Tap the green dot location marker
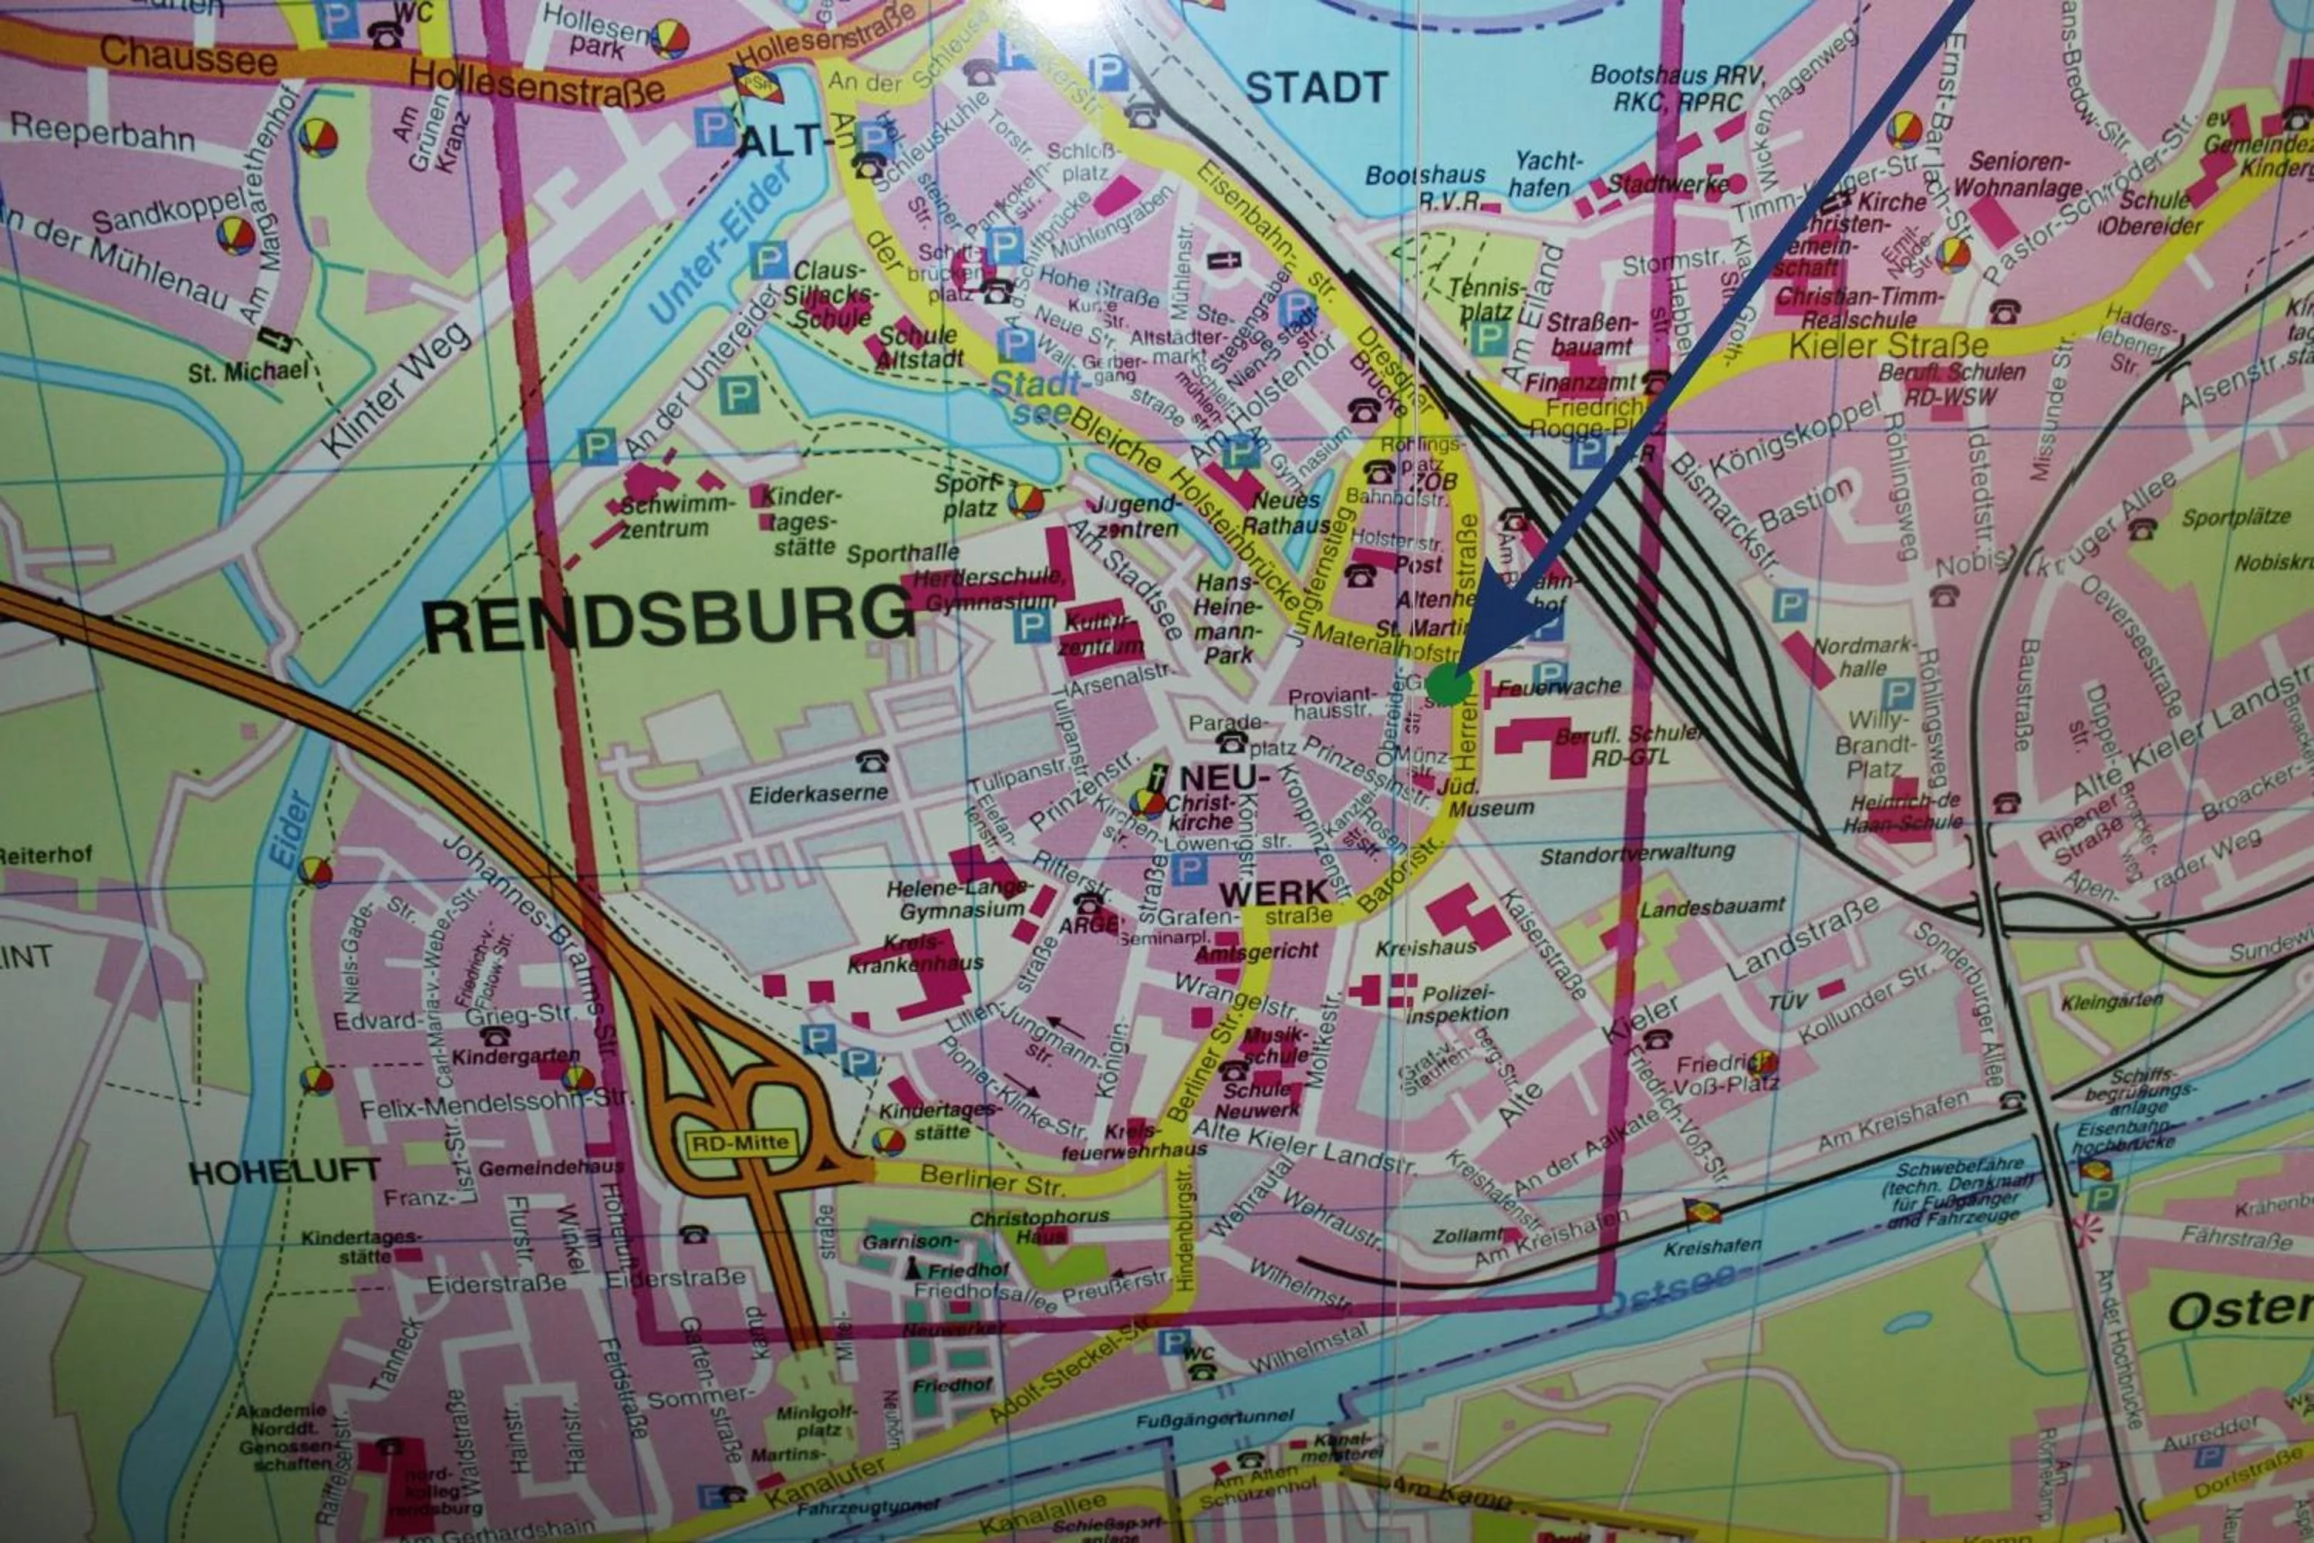click(x=1449, y=683)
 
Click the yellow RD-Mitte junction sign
click(x=740, y=1143)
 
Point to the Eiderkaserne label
click(x=818, y=793)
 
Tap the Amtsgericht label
click(x=1257, y=951)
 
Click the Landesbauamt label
click(x=1711, y=907)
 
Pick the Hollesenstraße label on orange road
click(x=536, y=83)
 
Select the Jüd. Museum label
click(x=1476, y=798)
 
